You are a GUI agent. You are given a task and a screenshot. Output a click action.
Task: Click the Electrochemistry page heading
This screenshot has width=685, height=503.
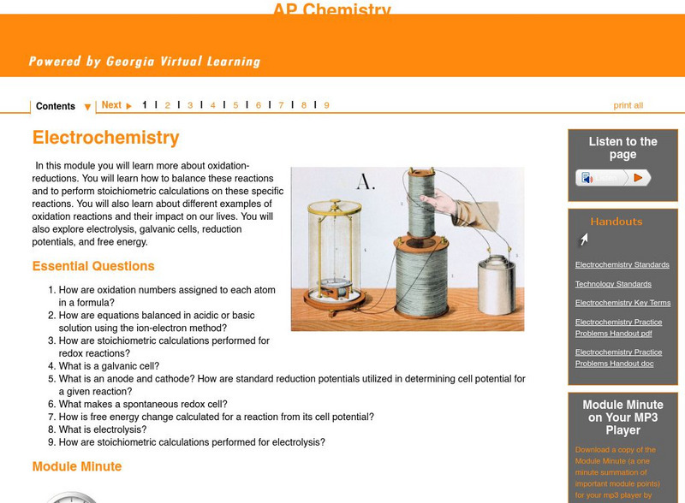(x=105, y=138)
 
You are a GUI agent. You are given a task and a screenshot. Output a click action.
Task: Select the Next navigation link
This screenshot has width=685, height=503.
(x=116, y=105)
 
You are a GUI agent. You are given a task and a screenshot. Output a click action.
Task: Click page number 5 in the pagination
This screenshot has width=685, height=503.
(x=235, y=105)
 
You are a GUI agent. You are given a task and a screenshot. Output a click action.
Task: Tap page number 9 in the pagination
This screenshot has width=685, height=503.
(x=326, y=105)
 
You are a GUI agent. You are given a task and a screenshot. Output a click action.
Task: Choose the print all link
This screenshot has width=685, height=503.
(x=628, y=105)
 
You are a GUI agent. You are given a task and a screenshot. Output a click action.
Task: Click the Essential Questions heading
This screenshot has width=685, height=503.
(x=93, y=266)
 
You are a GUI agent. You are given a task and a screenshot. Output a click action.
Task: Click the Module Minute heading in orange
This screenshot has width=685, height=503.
(x=77, y=466)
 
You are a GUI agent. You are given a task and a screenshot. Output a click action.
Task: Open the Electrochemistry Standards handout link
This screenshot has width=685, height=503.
(x=622, y=265)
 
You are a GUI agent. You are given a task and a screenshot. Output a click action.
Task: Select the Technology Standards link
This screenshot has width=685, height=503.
(x=613, y=284)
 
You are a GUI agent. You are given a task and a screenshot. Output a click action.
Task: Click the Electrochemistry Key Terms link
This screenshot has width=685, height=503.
(x=622, y=303)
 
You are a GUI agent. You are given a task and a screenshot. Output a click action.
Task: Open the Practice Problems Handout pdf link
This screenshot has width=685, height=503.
(x=618, y=328)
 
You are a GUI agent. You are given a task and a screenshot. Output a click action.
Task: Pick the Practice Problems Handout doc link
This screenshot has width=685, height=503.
(x=618, y=358)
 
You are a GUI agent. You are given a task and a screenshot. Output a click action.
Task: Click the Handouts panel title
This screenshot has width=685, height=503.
(x=616, y=222)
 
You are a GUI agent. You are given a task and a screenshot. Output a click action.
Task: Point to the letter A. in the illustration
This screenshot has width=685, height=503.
(x=366, y=182)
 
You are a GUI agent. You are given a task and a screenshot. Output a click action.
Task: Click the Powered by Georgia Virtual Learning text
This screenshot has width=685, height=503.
(x=144, y=62)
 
